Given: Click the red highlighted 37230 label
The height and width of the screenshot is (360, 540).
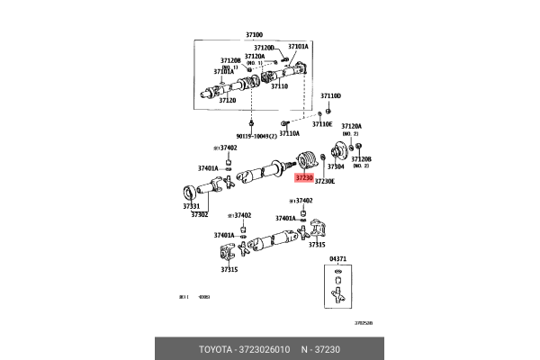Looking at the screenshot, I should coord(303,178).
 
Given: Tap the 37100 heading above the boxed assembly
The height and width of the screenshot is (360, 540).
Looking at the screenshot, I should coord(255,35).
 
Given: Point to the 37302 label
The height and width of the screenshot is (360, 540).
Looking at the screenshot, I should coord(199,214).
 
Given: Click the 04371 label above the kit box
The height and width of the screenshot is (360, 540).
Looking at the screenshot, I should coord(337,259).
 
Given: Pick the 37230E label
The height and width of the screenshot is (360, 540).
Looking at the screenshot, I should coord(324,181).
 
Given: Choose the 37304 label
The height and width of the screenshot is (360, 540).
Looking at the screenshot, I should coord(335,166).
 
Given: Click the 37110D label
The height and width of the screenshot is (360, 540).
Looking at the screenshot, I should coord(331,94).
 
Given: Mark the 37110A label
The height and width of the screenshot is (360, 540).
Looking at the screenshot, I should coord(289,132).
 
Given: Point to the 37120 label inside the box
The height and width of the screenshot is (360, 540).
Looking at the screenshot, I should coord(227,101).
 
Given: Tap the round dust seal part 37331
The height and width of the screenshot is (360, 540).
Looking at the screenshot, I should coord(191,191).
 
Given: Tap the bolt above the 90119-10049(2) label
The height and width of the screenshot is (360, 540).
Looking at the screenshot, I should coord(252,121).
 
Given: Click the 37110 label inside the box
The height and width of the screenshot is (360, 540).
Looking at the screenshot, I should coord(279,86).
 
